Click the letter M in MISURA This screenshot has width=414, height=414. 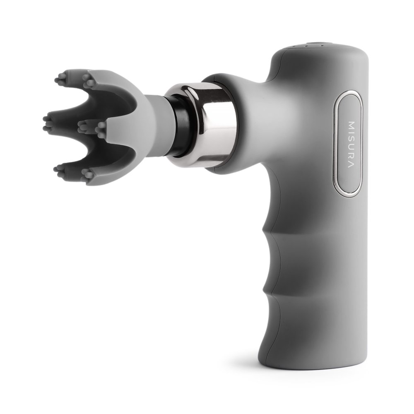tap(351, 125)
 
